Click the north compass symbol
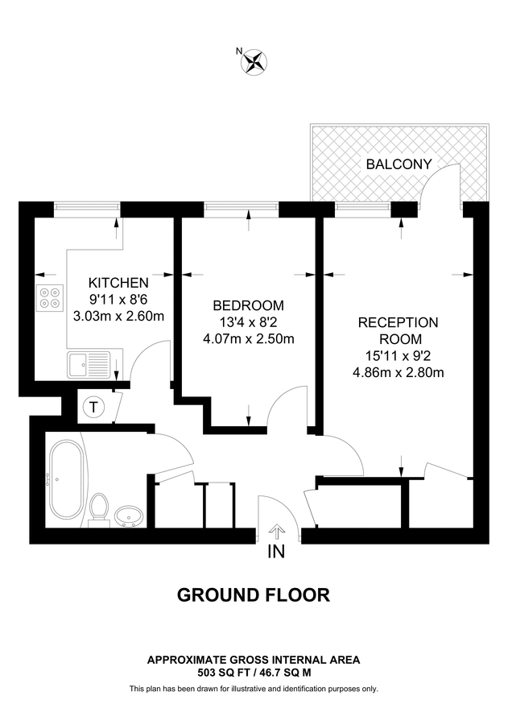pyautogui.click(x=255, y=60)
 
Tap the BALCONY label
pyautogui.click(x=398, y=164)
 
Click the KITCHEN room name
pyautogui.click(x=118, y=283)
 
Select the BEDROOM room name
pyautogui.click(x=248, y=305)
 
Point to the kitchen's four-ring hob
pyautogui.click(x=49, y=298)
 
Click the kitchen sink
pyautogui.click(x=89, y=364)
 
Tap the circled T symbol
pyautogui.click(x=93, y=407)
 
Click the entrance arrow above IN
pyautogui.click(x=277, y=530)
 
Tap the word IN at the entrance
pyautogui.click(x=276, y=553)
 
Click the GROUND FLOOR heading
pyautogui.click(x=254, y=595)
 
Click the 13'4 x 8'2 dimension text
pyautogui.click(x=248, y=322)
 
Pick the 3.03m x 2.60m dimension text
pyautogui.click(x=118, y=316)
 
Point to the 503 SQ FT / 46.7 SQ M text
pyautogui.click(x=254, y=672)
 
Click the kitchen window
pyautogui.click(x=88, y=209)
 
